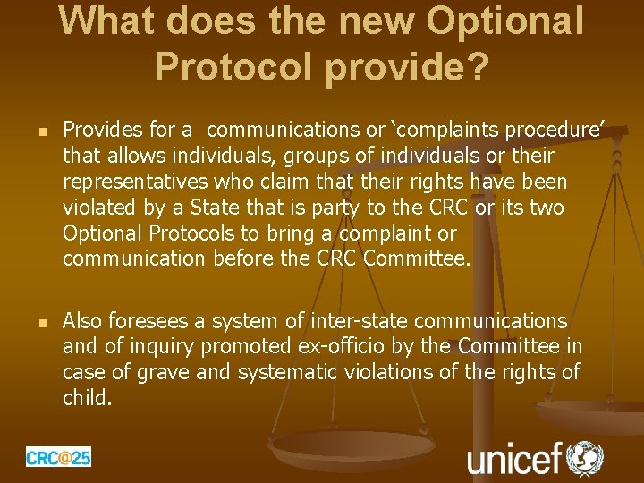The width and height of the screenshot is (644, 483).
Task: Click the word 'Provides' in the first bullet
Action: click(x=100, y=131)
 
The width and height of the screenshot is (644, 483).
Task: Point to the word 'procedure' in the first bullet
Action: click(x=555, y=131)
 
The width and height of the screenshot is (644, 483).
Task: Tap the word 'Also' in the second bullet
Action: click(x=82, y=320)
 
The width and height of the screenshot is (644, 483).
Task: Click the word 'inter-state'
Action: click(x=355, y=320)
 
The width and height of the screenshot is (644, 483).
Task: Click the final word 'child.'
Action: click(x=87, y=397)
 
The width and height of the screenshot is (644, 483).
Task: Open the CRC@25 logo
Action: click(x=58, y=457)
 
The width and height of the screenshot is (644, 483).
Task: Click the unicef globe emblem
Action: click(x=586, y=457)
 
